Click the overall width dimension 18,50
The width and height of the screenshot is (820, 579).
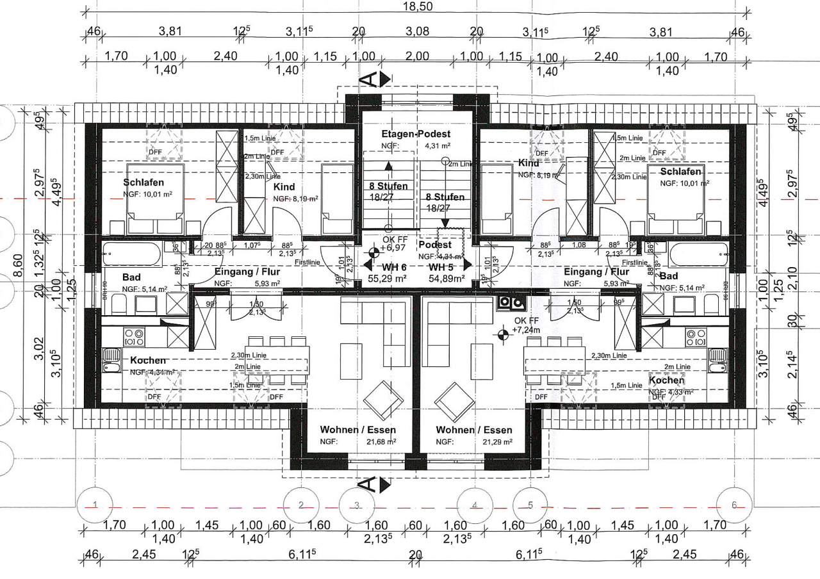[x=416, y=6]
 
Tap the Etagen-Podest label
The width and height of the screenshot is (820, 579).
[x=416, y=134]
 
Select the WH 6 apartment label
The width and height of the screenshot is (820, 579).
[x=387, y=267]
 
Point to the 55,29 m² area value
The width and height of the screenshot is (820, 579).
[x=387, y=279]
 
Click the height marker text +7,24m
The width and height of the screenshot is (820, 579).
[x=527, y=330]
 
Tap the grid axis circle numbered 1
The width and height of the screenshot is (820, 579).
[x=95, y=505]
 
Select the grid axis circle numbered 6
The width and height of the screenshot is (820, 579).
[x=734, y=505]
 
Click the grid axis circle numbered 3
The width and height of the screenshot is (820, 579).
[x=357, y=505]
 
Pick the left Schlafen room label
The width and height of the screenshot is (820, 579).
[x=143, y=183]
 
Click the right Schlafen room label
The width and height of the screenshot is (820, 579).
[x=680, y=172]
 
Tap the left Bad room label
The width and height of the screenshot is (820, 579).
[x=131, y=277]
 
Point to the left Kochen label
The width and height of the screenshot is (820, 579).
[x=147, y=361]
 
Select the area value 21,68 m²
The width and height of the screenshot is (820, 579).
[x=381, y=442]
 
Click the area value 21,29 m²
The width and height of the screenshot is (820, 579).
[x=496, y=442]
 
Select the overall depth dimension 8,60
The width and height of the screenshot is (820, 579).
[x=19, y=264]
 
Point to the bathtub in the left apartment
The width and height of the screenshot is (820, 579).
[x=131, y=254]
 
